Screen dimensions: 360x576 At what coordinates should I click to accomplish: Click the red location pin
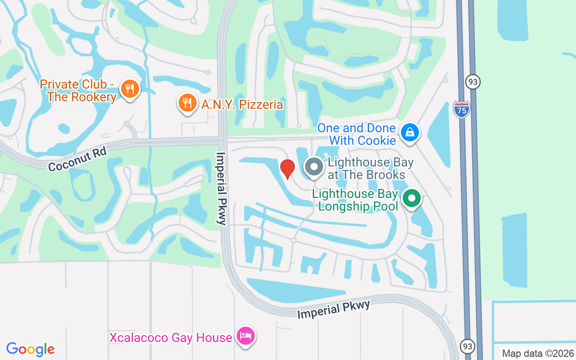288,168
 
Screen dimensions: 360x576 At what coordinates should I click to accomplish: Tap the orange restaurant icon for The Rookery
130,89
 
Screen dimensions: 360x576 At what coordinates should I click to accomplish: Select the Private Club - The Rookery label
78,90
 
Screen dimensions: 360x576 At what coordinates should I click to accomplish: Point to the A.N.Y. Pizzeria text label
242,105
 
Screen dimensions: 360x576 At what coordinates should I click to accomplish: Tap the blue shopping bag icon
410,133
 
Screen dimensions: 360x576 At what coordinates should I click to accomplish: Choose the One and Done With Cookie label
356,134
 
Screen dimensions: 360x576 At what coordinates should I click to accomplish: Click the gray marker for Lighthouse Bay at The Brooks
314,167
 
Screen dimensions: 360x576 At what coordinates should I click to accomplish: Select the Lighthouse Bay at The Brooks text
370,168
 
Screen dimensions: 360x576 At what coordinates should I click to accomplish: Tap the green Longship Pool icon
411,198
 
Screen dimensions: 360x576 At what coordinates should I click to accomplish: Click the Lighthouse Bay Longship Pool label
355,200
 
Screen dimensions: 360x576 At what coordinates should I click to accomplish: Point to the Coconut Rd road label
77,160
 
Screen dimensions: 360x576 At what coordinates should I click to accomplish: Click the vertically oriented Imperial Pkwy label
221,188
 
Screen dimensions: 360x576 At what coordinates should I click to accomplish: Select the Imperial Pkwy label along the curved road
333,310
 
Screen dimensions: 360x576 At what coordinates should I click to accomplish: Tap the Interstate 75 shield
461,109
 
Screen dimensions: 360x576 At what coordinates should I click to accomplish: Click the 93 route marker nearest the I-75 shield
473,81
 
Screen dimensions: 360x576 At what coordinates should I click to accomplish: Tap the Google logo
31,349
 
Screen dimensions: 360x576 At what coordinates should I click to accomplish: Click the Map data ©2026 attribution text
538,354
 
